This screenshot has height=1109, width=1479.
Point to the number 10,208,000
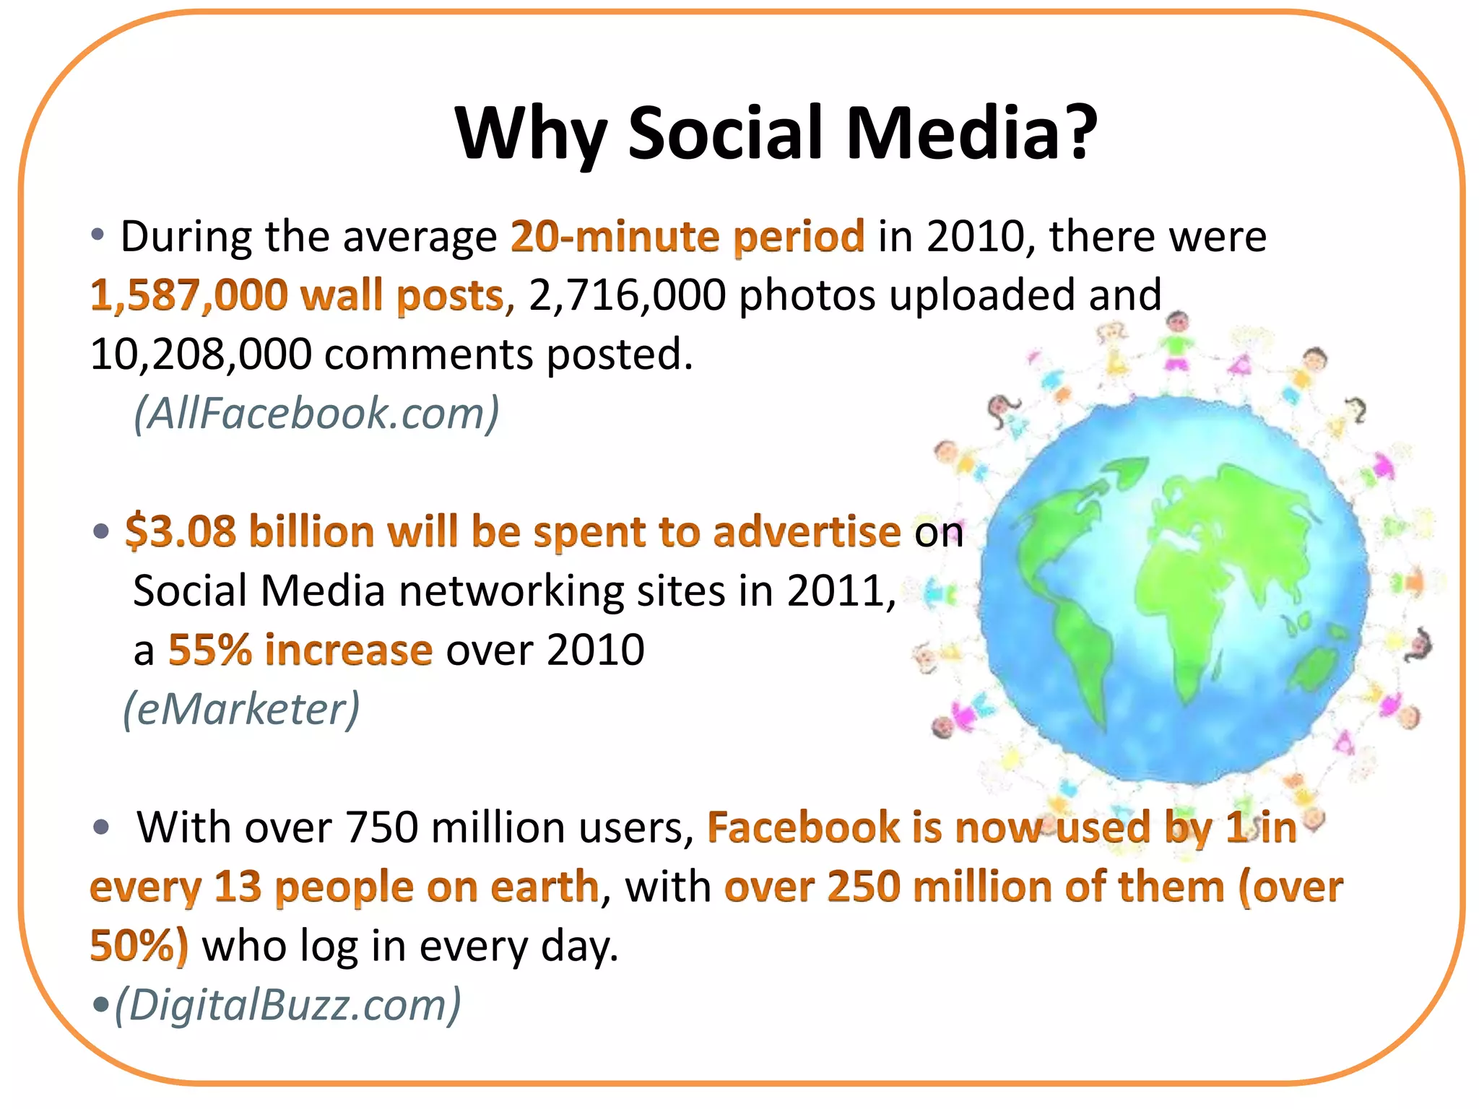(201, 355)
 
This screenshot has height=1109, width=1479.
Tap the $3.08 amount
(181, 532)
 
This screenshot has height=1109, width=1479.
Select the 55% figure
(210, 650)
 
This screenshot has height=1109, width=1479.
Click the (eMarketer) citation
(241, 709)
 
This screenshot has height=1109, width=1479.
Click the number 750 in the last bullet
(381, 827)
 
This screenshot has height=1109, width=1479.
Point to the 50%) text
(139, 946)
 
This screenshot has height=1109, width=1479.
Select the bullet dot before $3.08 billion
(101, 532)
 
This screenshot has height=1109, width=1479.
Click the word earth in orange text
(545, 887)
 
